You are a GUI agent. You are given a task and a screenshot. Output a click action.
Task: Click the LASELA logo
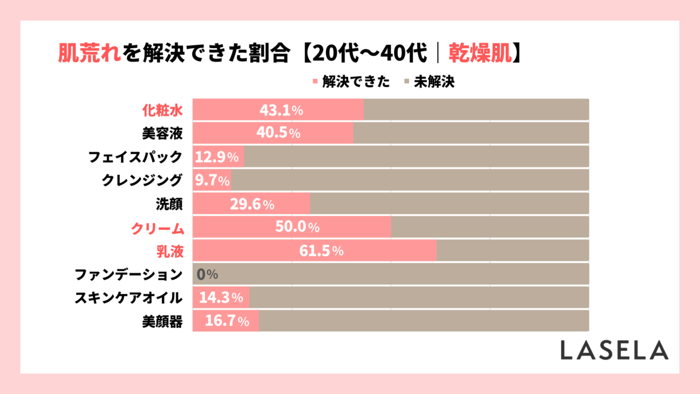pos(614,350)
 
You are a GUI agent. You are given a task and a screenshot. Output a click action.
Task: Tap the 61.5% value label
pos(322,251)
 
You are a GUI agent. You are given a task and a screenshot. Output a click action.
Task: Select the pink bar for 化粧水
pos(278,110)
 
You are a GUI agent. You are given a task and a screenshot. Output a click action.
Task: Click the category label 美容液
pos(162,134)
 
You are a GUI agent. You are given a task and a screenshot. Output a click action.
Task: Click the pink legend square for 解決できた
pos(314,83)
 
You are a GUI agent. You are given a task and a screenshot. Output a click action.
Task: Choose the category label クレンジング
pos(142,181)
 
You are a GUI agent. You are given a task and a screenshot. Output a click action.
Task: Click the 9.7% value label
pos(212,181)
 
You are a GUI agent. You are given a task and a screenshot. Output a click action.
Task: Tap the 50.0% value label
pos(297,228)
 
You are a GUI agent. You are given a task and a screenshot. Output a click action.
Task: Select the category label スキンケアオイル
pos(129,298)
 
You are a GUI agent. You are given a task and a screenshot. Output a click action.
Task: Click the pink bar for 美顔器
pos(226,322)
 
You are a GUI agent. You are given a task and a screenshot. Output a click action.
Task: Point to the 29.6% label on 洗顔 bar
pos(252,204)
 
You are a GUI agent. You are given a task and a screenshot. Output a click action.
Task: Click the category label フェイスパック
pos(135,157)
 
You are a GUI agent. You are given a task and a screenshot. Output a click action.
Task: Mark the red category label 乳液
pos(168,251)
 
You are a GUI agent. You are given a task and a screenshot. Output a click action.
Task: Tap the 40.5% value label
pos(278,134)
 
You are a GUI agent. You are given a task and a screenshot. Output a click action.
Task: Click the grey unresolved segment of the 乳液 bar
pos(512,251)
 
